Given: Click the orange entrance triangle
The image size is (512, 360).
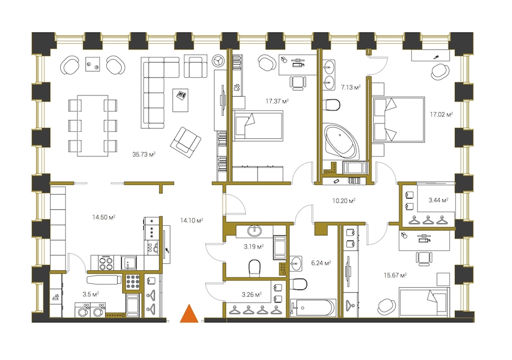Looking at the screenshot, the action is pos(189,314).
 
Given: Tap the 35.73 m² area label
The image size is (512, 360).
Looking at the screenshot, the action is pos(144,154).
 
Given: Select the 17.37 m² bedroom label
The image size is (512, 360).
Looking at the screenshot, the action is pos(277,101).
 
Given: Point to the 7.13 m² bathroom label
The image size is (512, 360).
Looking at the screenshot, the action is pos(350,87).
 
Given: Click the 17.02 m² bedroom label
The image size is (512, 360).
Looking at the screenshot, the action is pos(441,114).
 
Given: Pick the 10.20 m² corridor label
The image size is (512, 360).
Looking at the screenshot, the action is pos(344,201).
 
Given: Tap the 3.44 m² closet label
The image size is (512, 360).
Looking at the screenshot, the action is pos(438,200).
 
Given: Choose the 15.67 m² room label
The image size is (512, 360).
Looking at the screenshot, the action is pos(395,275).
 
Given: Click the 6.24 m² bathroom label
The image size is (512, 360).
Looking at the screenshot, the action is pos(321,263).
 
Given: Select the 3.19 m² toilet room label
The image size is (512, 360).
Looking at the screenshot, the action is pos(254,246).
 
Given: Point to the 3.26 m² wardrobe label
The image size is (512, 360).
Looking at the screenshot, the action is pos(252,295).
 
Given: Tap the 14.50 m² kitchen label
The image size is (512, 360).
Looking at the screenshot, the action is pos(104,217).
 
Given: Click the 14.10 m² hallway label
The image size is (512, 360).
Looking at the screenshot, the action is pos(192,220).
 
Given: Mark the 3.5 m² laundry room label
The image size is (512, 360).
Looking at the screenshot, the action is pos(91,294).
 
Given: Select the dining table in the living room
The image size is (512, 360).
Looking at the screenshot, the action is pos(93,126).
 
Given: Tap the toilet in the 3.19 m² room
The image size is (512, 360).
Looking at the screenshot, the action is pos(255,268).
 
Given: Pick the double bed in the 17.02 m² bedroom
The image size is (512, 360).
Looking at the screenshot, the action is pos(399,119).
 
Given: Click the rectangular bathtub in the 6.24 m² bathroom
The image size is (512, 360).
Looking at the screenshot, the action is pos(313,308).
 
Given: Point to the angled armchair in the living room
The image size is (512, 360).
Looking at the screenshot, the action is pos(185,142).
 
